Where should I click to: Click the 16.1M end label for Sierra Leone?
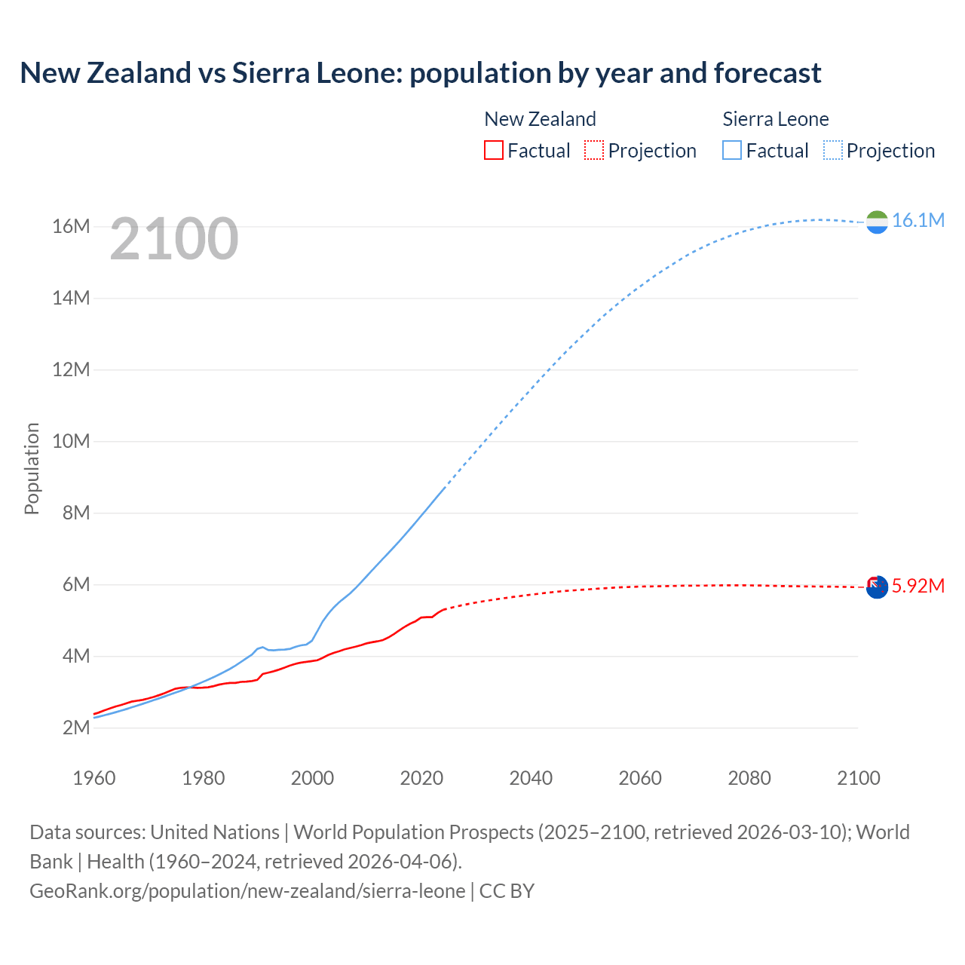918,220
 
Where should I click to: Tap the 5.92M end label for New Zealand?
918,586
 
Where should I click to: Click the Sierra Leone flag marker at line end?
877,222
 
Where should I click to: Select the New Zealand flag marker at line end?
877,587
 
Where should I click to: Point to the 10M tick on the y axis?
71,441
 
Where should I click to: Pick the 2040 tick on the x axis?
531,778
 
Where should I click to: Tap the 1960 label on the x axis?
94,778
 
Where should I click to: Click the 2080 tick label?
749,778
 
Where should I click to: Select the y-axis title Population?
32,468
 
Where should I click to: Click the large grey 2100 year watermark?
174,239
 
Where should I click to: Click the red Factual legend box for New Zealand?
493,150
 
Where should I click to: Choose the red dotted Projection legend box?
594,150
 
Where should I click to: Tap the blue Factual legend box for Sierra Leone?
732,150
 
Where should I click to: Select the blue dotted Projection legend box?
832,150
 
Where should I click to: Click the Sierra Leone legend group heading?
775,119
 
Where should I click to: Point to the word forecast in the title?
767,73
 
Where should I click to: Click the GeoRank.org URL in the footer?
247,890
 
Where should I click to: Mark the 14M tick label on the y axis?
71,298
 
